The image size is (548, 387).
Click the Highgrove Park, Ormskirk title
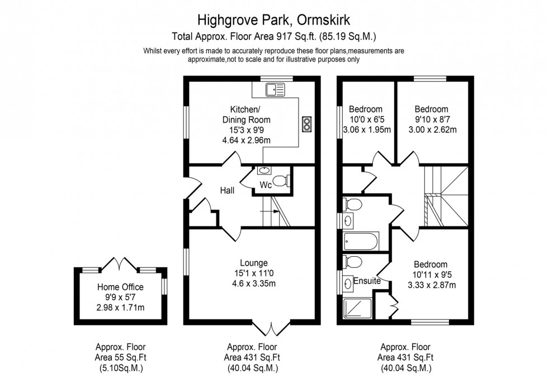coord(273,20)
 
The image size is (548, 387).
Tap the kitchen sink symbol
coord(275,89)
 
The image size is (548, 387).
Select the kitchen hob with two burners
coord(306,125)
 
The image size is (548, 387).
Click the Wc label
coord(266,185)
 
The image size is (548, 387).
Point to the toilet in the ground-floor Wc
coord(281,181)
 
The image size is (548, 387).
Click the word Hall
coord(227,191)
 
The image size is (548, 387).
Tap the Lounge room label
coord(254,263)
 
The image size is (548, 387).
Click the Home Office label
coord(120,287)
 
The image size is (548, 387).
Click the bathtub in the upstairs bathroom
coord(361,241)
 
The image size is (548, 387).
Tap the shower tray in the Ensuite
coord(357,308)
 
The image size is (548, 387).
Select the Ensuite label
coord(367,281)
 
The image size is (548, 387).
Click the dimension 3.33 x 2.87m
coord(432,285)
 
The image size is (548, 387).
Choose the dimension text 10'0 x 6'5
coord(366,119)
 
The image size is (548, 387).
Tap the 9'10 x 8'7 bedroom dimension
coord(431,119)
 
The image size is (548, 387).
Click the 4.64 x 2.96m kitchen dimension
coord(247,140)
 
